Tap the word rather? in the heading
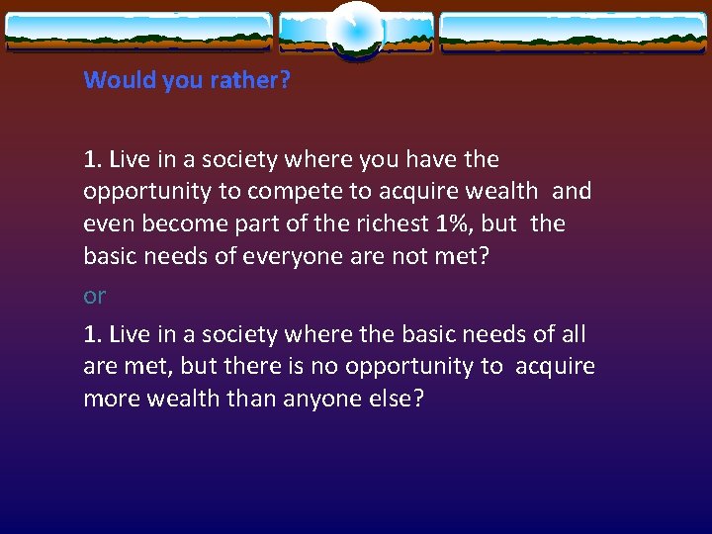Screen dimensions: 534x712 pos(251,80)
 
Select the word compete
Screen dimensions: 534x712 pos(289,191)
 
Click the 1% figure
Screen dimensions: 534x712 pos(454,223)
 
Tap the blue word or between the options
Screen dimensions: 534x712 pos(95,296)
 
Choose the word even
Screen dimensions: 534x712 pos(108,223)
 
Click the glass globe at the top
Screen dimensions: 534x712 pos(356,30)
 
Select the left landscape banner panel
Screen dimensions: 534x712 pos(138,32)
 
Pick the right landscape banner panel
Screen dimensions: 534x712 pos(573,32)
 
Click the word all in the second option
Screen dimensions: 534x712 pos(573,334)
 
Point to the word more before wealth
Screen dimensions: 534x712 pos(111,399)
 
